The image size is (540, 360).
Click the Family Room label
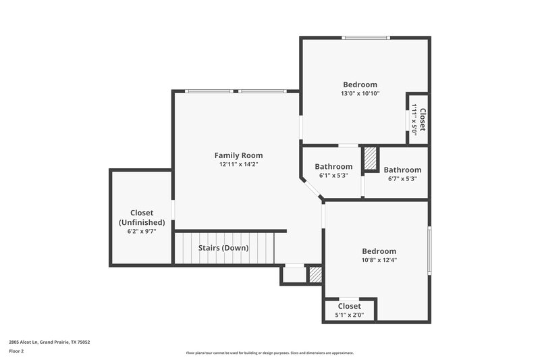[238, 155]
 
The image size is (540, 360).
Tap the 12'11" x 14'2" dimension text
[238, 164]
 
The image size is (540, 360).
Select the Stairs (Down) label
[223, 248]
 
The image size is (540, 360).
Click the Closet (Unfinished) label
[142, 217]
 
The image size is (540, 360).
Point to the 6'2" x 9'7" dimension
[142, 231]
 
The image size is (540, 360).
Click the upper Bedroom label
[360, 84]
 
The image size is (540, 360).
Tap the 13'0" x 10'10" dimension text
[360, 94]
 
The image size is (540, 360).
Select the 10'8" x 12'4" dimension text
[379, 260]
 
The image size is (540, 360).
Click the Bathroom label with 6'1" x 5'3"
[333, 167]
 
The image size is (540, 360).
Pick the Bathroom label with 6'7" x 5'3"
[402, 170]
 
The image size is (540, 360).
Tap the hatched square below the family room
[315, 274]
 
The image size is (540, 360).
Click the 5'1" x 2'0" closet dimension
[349, 315]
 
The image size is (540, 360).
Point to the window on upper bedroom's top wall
[365, 38]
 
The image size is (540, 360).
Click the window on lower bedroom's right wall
[429, 251]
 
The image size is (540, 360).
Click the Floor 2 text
[16, 351]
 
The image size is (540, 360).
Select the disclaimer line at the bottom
[269, 353]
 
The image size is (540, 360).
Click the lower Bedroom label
[379, 251]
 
